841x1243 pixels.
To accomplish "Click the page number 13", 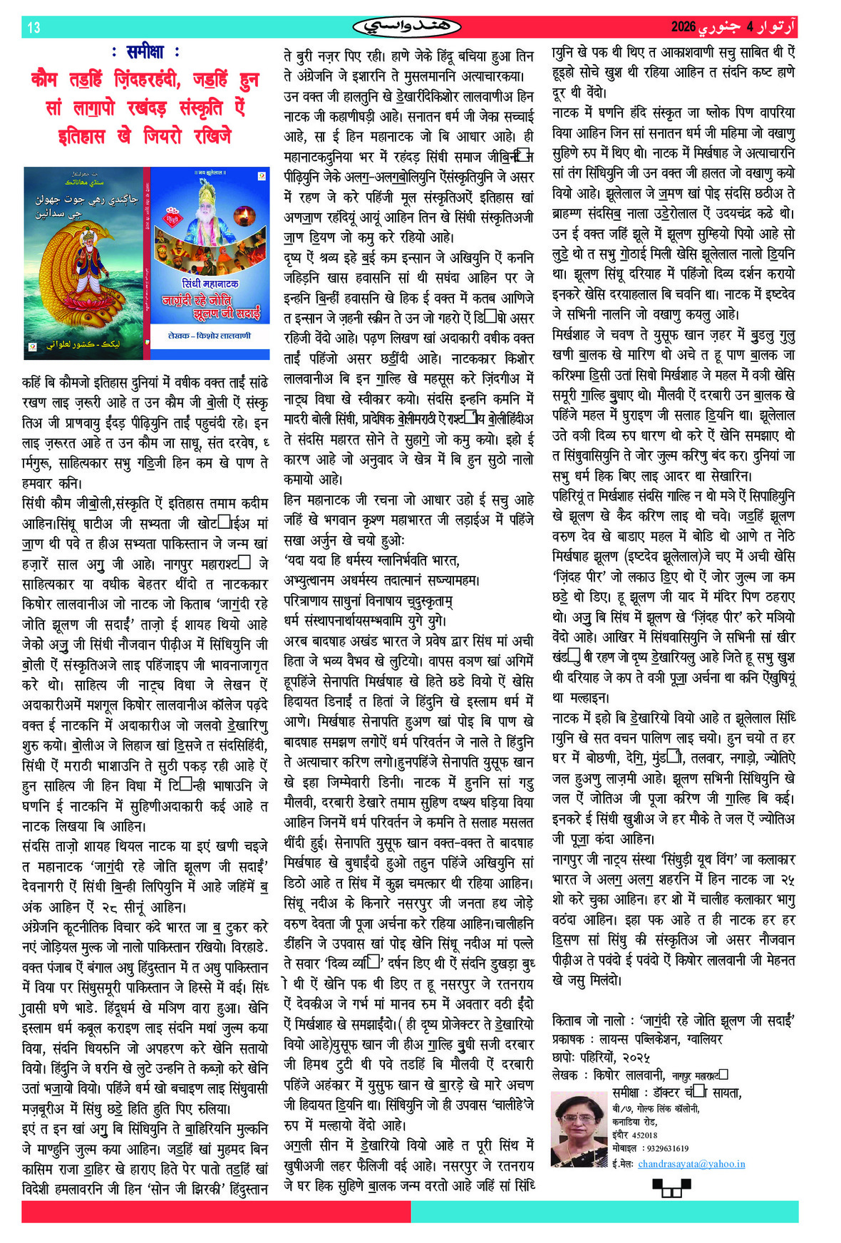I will click(x=33, y=28).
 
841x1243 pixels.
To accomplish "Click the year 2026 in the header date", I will click(x=683, y=27).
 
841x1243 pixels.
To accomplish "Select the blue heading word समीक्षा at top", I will click(x=145, y=52).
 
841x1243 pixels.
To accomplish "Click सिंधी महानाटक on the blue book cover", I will click(x=210, y=284).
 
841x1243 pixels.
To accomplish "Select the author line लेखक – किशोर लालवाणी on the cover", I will click(x=210, y=336).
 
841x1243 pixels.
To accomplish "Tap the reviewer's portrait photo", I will click(x=579, y=1128).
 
